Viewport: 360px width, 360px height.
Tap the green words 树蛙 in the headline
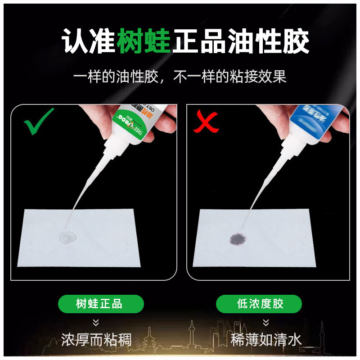tap(144, 42)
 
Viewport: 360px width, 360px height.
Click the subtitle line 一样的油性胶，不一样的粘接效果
tap(180, 76)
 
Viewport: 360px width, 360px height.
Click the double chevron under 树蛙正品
tap(96, 322)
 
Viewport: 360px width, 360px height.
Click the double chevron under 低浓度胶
tap(266, 322)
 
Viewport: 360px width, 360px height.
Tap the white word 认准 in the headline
tap(88, 42)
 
